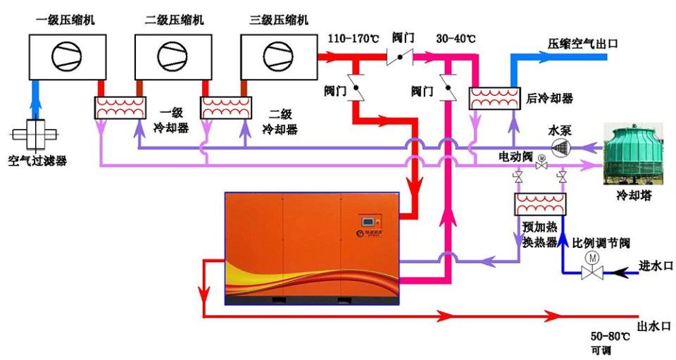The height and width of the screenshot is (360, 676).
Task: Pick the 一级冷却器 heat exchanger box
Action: coord(120,108)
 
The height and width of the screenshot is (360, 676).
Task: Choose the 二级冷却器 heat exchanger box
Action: coord(226,108)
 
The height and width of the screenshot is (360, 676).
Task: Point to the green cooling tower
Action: coord(634,154)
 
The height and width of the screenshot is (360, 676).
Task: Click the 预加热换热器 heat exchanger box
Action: coord(541,205)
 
